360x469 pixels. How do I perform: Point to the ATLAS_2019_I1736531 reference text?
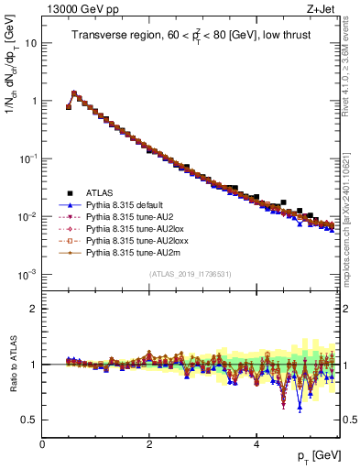point(191,274)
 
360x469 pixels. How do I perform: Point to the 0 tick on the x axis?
point(42,443)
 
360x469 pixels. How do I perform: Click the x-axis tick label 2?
point(149,443)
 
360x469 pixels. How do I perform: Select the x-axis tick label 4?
point(256,443)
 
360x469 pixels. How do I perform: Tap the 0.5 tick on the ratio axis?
point(30,420)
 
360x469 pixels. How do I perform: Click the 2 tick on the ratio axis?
point(34,308)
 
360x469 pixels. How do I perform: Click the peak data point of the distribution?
point(74,93)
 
